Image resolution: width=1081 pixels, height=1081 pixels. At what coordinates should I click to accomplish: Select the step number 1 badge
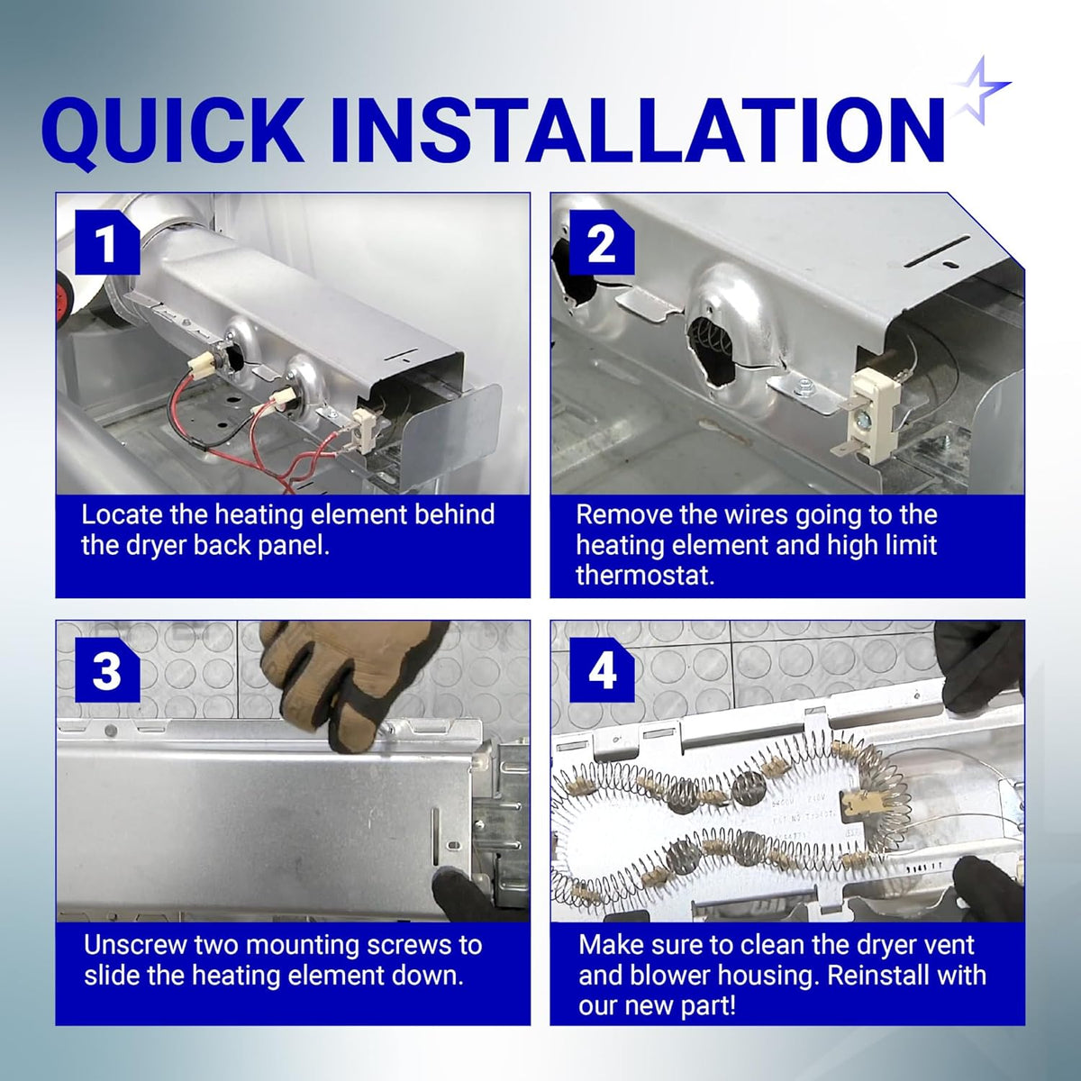pos(107,243)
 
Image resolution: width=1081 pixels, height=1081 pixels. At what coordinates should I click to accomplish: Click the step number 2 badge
pos(602,243)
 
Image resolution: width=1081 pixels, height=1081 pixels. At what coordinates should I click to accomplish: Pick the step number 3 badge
pos(107,670)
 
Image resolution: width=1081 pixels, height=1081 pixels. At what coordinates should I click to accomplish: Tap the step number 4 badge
pos(602,670)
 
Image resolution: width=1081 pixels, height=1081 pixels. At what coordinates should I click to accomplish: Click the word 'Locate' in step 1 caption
pos(122,514)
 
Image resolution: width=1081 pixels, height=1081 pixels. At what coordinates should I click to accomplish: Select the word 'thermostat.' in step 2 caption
pos(646,577)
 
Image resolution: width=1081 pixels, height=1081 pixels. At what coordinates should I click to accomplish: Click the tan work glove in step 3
pos(348,680)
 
